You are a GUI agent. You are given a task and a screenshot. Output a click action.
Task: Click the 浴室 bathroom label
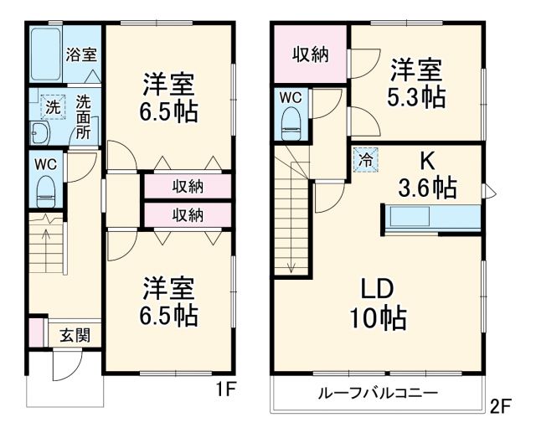(81, 55)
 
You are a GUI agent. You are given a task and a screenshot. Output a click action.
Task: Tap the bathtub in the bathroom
(46, 55)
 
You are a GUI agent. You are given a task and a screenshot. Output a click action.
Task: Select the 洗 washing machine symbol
(52, 106)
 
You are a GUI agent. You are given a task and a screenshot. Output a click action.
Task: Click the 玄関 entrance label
(74, 335)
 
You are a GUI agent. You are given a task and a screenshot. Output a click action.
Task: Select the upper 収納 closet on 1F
(188, 186)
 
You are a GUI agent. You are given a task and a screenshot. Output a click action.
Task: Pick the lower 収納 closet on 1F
(188, 215)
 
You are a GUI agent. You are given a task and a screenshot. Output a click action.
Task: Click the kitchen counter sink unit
(432, 218)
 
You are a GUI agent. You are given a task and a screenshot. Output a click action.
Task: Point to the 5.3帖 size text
(415, 96)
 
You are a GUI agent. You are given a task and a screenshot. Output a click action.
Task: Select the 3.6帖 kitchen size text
(426, 188)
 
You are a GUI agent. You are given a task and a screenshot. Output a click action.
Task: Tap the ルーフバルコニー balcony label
(377, 394)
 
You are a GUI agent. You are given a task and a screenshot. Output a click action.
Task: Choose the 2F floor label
(500, 407)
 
